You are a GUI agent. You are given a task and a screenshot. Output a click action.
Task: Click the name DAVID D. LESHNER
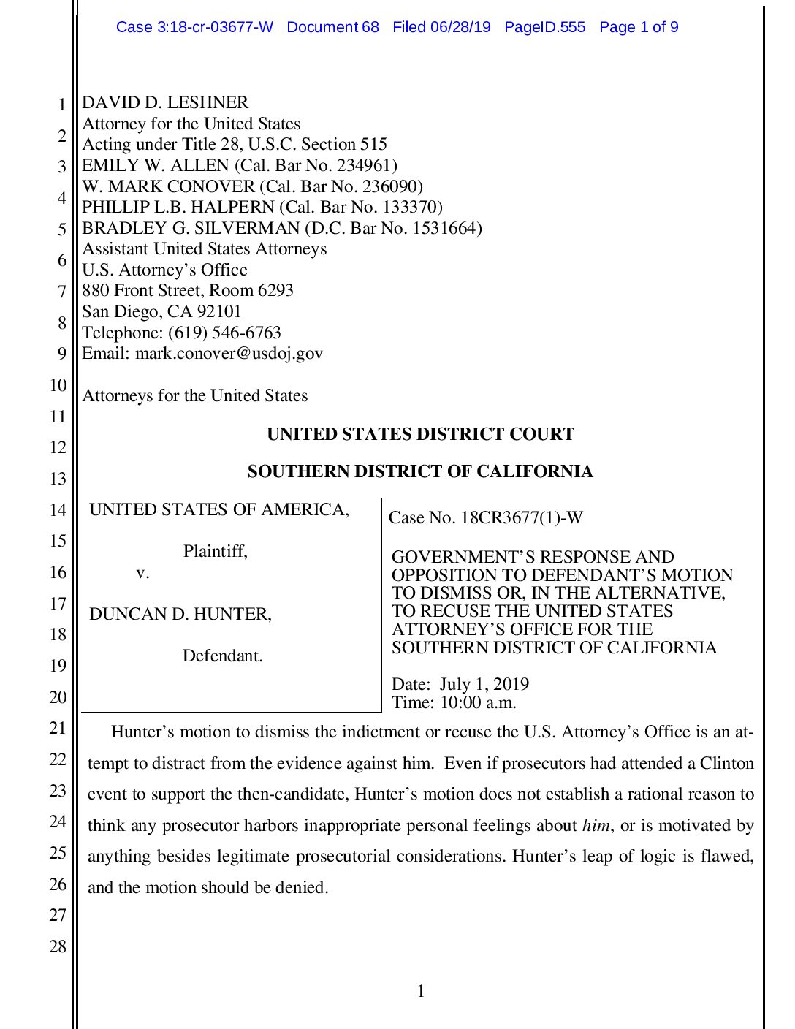point(165,102)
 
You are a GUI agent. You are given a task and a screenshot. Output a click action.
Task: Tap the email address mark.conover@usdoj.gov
point(229,354)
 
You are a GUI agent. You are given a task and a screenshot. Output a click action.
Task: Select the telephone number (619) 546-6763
point(225,333)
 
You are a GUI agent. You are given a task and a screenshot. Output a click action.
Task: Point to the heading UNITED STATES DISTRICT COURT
point(420,434)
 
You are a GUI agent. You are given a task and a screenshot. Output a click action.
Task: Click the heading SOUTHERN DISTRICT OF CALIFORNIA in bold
point(420,471)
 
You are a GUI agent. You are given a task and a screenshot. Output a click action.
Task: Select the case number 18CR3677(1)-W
point(522,517)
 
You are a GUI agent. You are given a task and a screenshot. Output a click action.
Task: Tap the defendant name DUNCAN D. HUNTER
point(180,614)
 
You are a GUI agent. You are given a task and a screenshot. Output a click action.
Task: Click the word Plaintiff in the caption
point(215,551)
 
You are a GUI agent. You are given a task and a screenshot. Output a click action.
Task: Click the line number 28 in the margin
point(58,946)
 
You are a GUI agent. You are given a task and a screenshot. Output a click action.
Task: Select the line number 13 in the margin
point(58,479)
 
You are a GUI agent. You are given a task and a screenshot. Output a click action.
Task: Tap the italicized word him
point(596,826)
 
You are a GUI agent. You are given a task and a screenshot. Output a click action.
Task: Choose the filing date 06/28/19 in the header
point(460,27)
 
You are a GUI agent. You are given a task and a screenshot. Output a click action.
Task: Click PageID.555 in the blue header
point(544,27)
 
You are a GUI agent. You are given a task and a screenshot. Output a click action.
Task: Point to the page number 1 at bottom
point(421,991)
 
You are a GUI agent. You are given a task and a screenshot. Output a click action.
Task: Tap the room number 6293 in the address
point(275,291)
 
